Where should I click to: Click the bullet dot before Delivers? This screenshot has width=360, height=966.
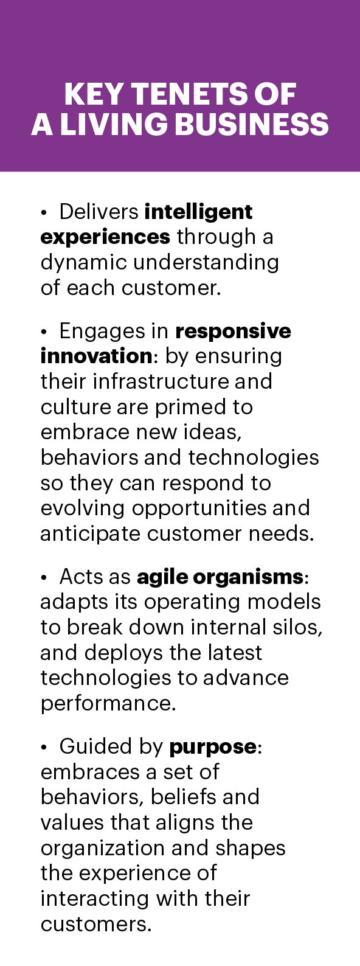tap(43, 213)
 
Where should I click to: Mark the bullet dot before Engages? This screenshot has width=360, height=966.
tap(43, 333)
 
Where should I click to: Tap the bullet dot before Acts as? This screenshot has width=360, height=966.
tap(43, 579)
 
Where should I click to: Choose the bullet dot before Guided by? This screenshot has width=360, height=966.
tap(43, 748)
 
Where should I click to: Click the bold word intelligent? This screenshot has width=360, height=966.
tap(198, 212)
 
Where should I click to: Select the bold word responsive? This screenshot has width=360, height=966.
tap(234, 332)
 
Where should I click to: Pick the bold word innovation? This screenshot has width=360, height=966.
tap(96, 356)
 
